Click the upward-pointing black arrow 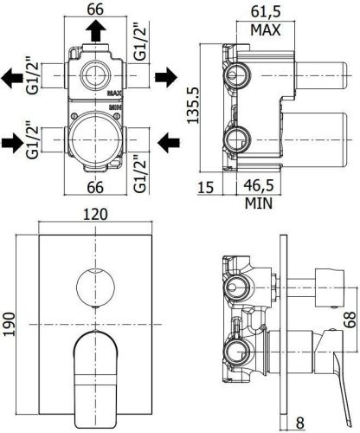click(x=96, y=32)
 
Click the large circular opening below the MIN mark click(x=96, y=139)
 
